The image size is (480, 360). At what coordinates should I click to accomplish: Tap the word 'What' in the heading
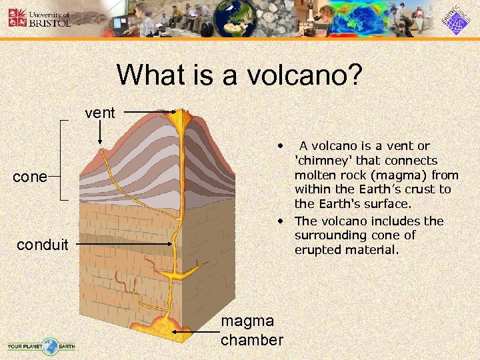(x=149, y=75)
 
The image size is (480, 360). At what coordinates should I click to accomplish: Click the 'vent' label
(x=100, y=113)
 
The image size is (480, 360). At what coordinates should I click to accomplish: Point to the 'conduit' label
(x=43, y=245)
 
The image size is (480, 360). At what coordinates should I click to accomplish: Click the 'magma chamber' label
(x=252, y=331)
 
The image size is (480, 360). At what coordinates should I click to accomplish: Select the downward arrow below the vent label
(x=100, y=133)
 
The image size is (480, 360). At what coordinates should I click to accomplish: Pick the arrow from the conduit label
(x=123, y=245)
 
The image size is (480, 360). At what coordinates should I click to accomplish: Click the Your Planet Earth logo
(x=41, y=346)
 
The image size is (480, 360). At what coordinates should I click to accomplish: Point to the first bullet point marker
(x=283, y=145)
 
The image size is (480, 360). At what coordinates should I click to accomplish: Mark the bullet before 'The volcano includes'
(x=283, y=221)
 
